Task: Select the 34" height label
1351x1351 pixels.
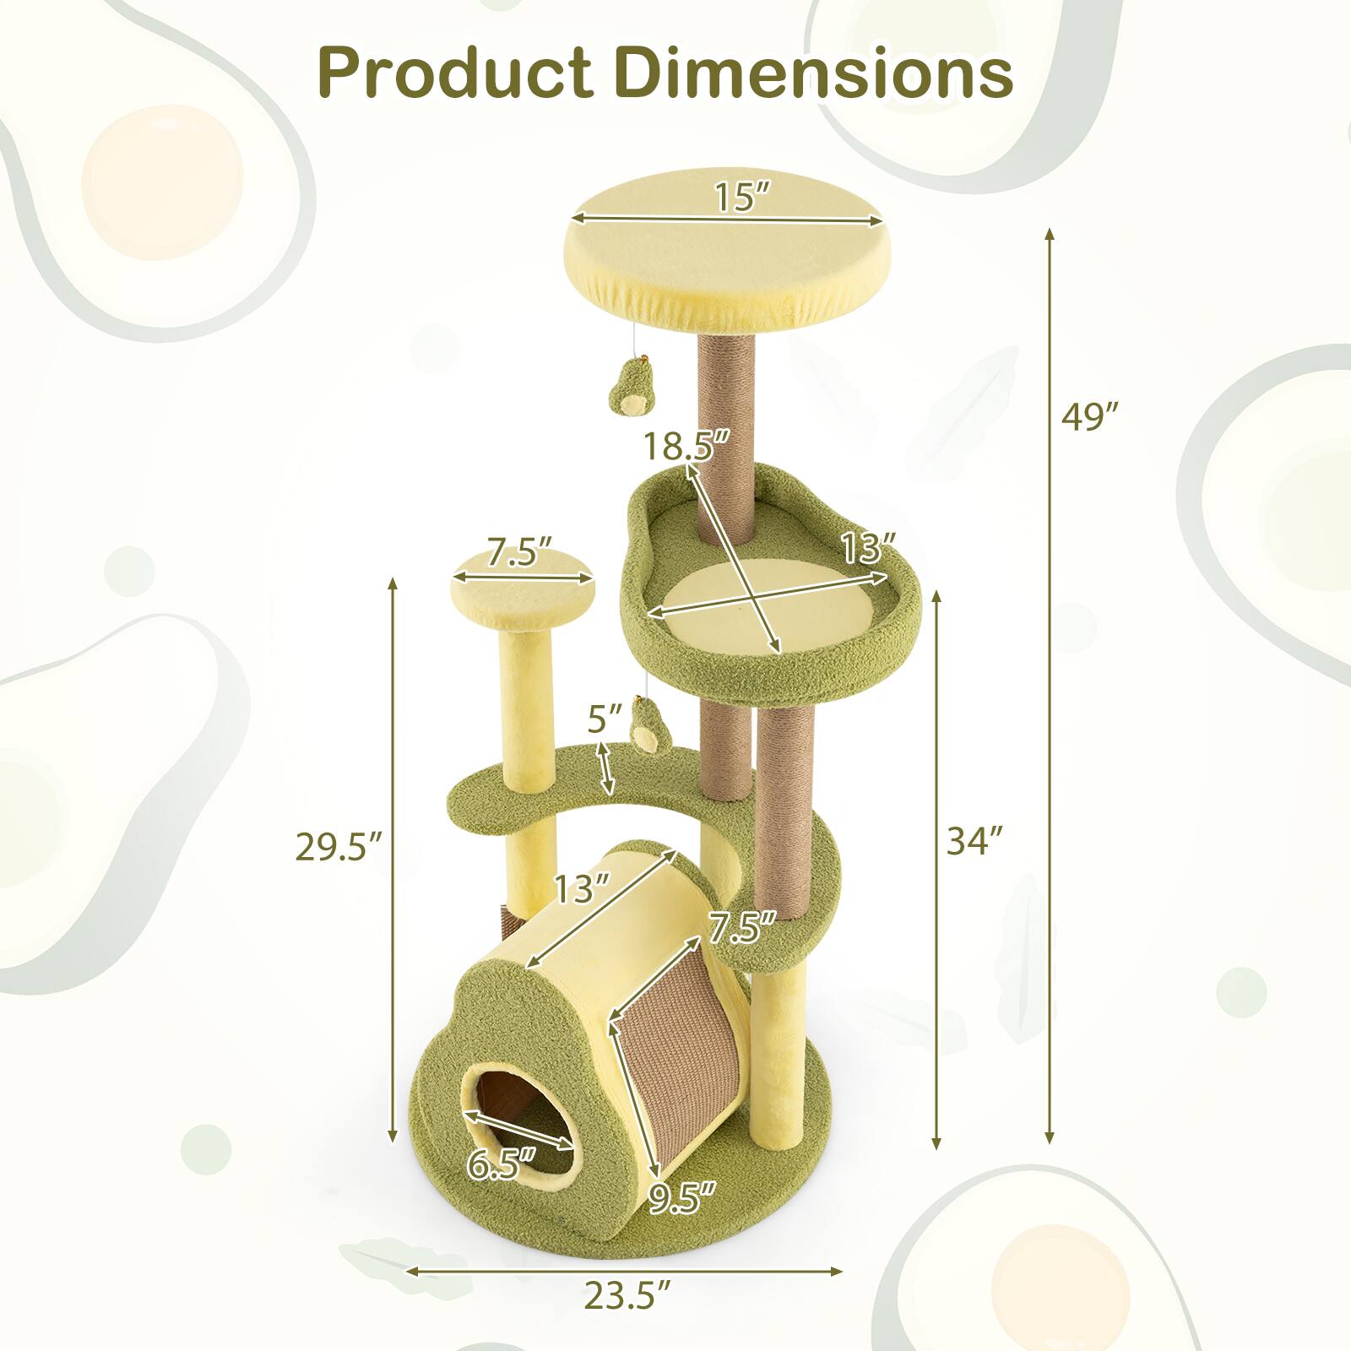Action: click(974, 841)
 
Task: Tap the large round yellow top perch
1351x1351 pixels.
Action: click(726, 253)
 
